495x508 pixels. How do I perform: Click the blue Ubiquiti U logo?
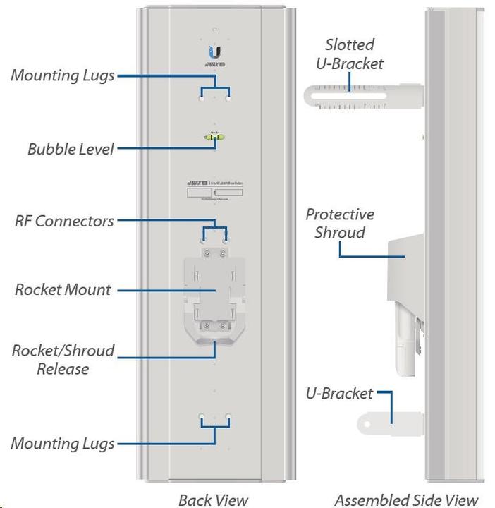214,52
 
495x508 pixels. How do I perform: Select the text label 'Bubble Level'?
71,149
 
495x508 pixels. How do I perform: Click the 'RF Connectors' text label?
64,221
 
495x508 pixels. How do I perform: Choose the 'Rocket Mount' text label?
63,289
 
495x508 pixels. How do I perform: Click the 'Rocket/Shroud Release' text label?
63,359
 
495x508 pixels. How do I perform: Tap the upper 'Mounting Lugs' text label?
62,75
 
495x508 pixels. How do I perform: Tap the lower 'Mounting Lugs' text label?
62,444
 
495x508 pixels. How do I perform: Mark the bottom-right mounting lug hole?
227,418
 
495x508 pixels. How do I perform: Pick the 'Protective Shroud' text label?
340,223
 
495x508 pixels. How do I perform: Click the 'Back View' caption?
213,500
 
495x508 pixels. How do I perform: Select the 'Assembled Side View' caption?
406,500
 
